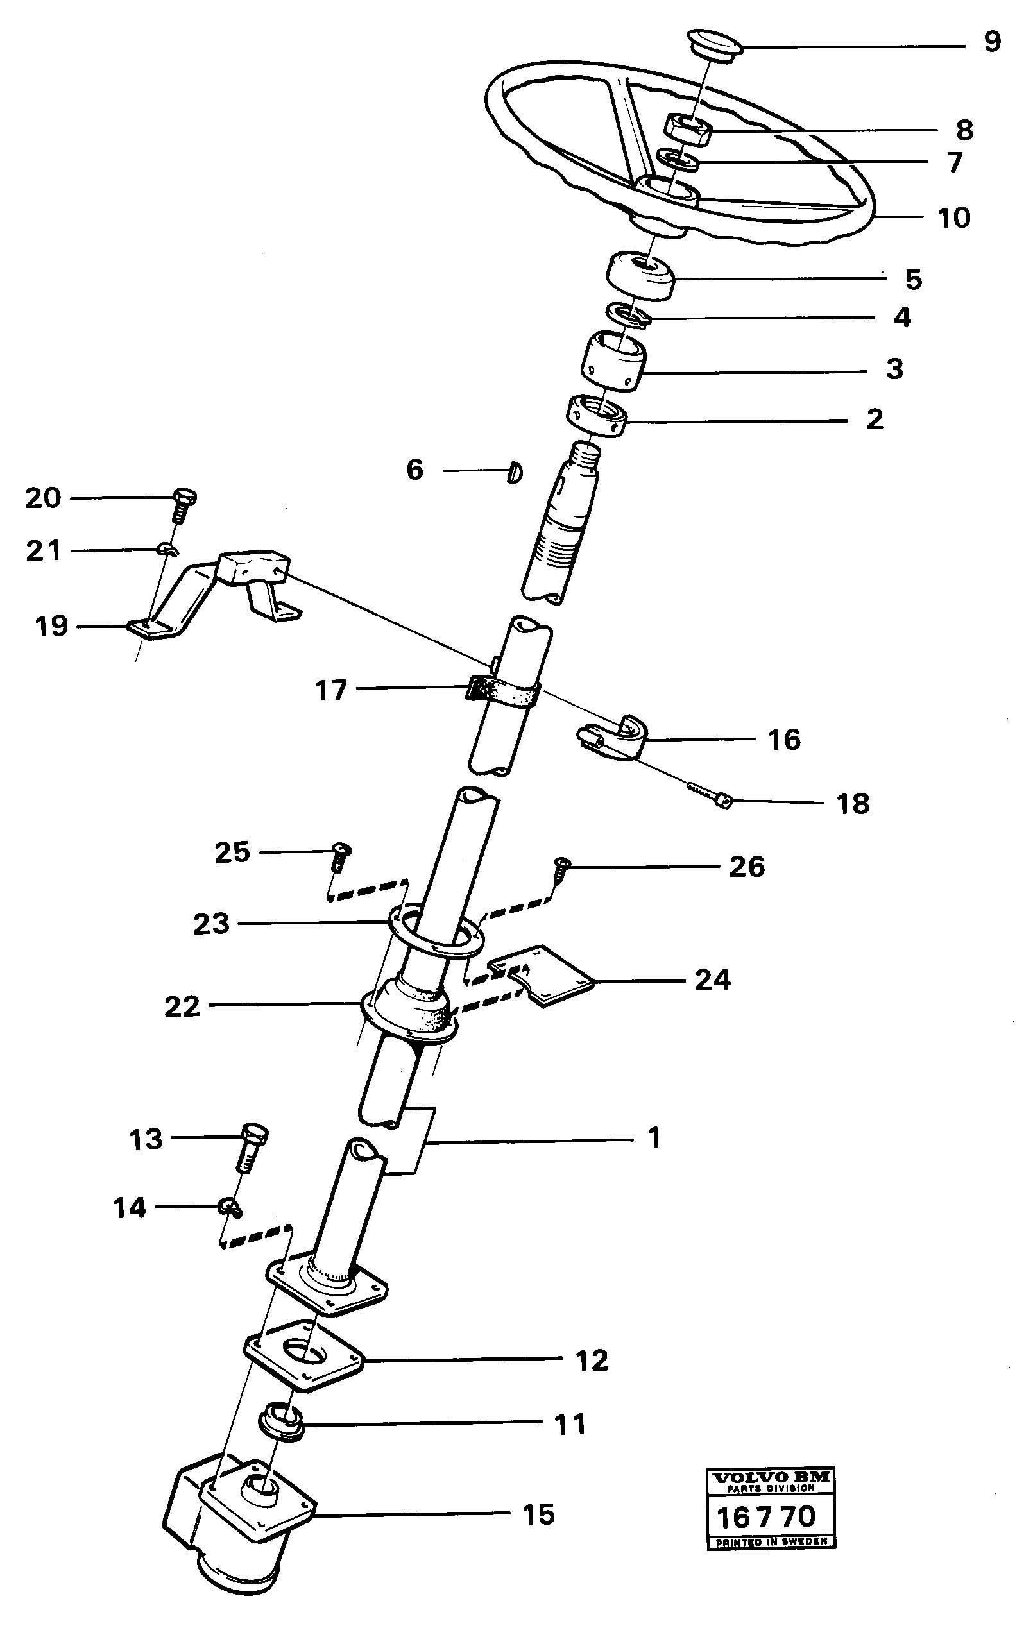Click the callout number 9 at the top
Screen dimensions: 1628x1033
click(991, 42)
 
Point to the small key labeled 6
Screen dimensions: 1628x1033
click(515, 471)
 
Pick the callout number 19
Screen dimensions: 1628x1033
click(51, 626)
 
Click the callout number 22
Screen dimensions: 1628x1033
click(182, 1006)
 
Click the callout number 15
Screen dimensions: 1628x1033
click(538, 1514)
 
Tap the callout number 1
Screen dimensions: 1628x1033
click(653, 1138)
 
